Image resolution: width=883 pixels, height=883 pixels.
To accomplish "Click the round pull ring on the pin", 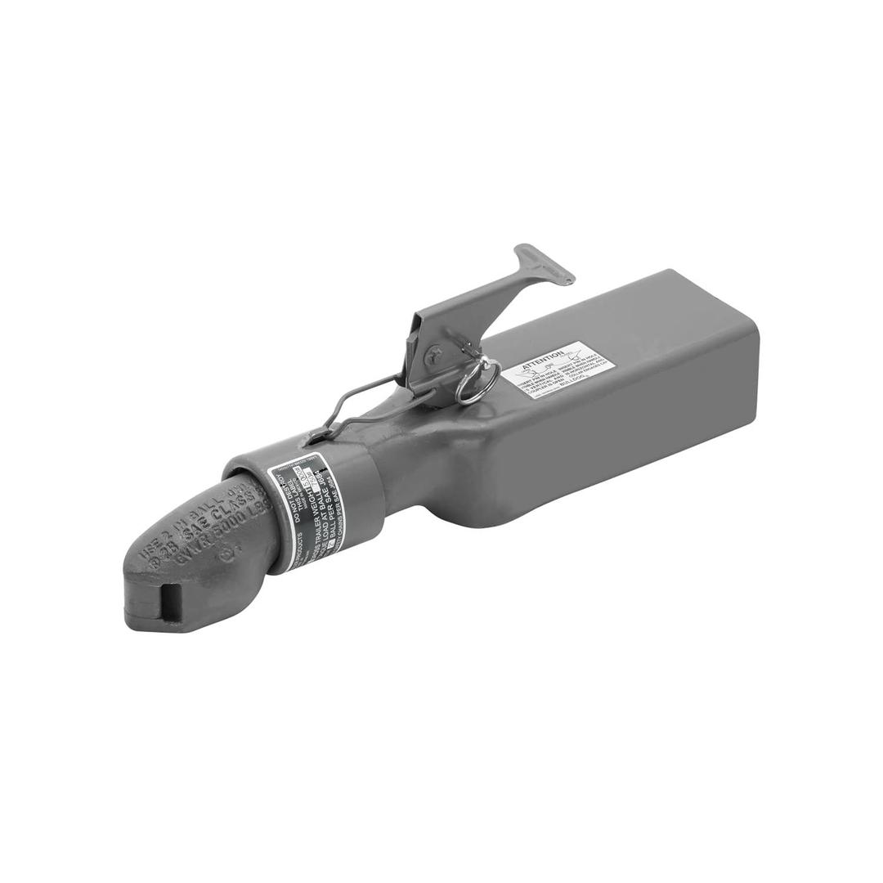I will pyautogui.click(x=478, y=382).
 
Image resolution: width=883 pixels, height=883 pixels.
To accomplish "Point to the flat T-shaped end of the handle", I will pyautogui.click(x=545, y=262).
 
